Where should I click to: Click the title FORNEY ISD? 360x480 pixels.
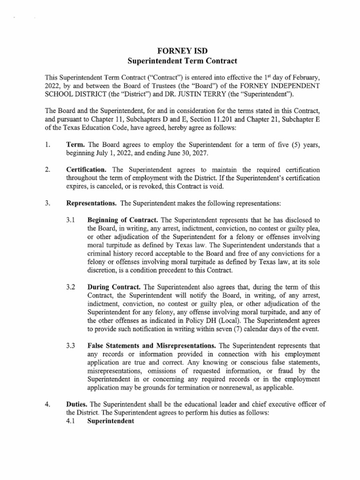click(x=180, y=51)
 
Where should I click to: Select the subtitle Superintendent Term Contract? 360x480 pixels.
click(x=180, y=61)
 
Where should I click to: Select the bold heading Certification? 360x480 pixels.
click(x=89, y=169)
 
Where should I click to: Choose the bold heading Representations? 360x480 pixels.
click(x=92, y=204)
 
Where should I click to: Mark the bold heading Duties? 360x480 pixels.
click(x=77, y=405)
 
